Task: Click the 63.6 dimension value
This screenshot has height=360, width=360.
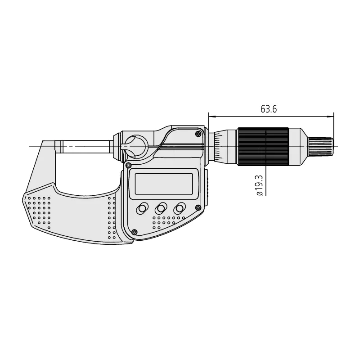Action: (269, 109)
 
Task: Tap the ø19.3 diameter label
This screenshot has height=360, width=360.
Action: (259, 186)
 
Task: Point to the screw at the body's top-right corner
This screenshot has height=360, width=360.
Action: (198, 134)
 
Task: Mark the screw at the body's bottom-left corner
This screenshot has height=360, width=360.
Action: (135, 232)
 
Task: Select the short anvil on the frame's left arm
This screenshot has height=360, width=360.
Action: (59, 146)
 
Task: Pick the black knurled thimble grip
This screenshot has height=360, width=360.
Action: (264, 147)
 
